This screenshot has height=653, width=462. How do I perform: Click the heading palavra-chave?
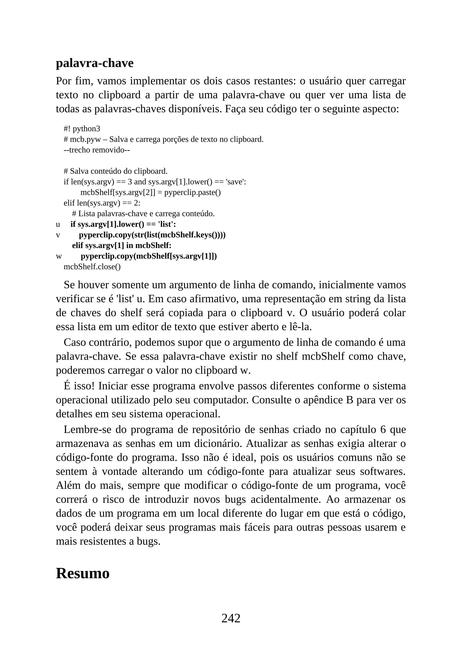coord(95,63)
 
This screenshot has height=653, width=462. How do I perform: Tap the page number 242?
coord(231,618)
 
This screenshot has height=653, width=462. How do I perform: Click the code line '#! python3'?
coord(82,129)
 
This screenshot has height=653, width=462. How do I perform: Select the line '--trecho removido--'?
coord(97,150)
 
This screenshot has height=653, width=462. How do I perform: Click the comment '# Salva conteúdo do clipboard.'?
coord(115,171)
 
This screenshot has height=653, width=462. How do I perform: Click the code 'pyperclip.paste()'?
coord(192,193)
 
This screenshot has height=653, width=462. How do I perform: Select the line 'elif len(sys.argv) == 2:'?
coord(102,203)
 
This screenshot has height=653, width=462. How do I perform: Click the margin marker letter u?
coord(58,225)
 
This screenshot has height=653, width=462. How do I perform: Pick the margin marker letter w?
coord(59,257)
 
